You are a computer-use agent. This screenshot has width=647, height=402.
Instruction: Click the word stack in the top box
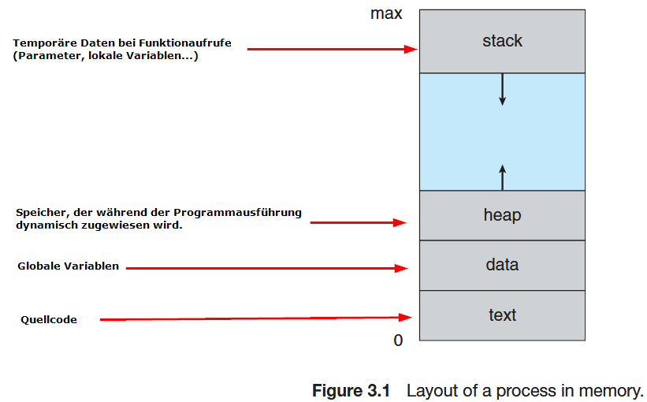click(x=502, y=41)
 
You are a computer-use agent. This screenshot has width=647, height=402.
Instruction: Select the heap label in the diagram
click(x=502, y=214)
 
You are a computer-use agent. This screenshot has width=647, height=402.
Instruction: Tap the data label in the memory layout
click(x=502, y=265)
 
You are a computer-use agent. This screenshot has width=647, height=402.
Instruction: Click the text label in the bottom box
click(x=502, y=315)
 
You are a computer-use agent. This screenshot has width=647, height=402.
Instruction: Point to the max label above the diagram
click(x=386, y=13)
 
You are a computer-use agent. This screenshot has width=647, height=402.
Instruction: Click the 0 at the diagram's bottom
click(x=398, y=341)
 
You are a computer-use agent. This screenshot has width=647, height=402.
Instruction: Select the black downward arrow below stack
click(x=502, y=90)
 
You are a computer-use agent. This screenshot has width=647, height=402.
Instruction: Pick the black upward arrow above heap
click(x=502, y=177)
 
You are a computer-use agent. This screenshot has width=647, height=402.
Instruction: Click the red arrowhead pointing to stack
click(x=411, y=49)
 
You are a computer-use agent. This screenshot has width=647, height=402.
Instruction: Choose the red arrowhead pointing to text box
click(x=407, y=318)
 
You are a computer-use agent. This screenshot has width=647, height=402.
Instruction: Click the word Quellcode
click(x=48, y=320)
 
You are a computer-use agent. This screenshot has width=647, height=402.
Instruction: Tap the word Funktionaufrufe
click(x=192, y=43)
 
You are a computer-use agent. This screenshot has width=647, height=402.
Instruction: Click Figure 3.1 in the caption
click(x=351, y=390)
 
